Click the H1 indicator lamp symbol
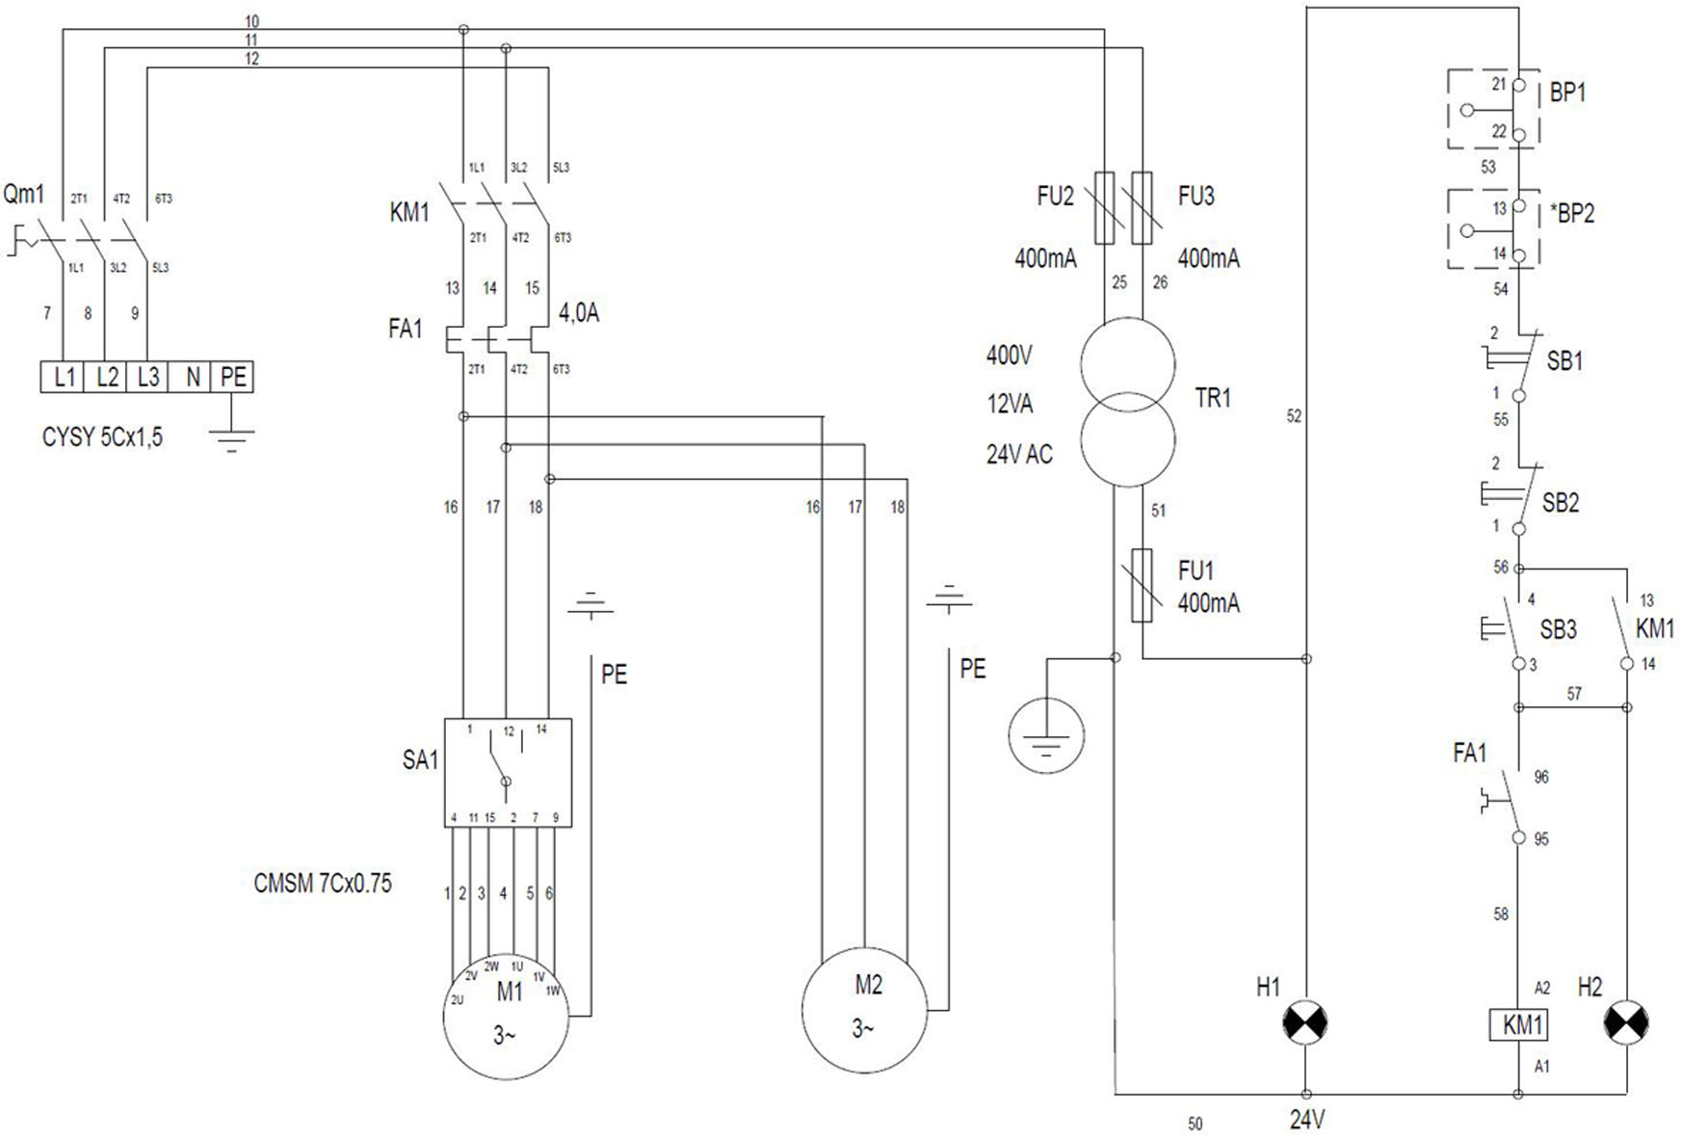pyautogui.click(x=1305, y=1021)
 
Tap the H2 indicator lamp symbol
pyautogui.click(x=1626, y=1023)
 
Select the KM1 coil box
pyautogui.click(x=1518, y=1024)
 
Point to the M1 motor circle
pyautogui.click(x=506, y=1017)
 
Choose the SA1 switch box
pyautogui.click(x=508, y=772)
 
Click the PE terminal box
pyautogui.click(x=232, y=377)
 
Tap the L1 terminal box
pyautogui.click(x=63, y=377)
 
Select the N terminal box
pyautogui.click(x=190, y=377)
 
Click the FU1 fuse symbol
pyautogui.click(x=1142, y=586)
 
